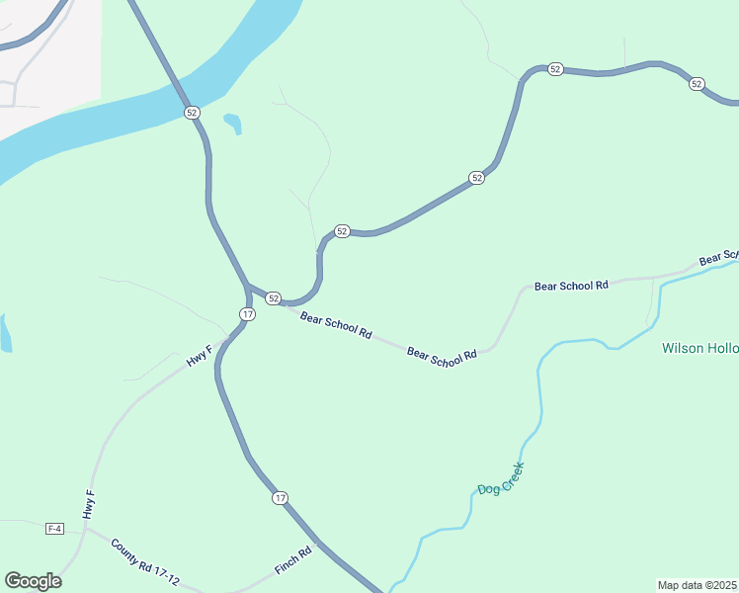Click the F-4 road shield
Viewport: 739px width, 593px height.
click(54, 529)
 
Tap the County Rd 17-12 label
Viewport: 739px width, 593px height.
click(145, 560)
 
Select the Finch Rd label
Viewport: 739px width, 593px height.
click(292, 560)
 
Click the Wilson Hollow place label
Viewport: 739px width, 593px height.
click(699, 348)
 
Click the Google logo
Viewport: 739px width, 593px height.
click(33, 580)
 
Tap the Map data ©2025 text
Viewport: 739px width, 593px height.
click(697, 585)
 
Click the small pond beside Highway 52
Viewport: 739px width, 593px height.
click(233, 124)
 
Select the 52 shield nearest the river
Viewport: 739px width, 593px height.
click(192, 113)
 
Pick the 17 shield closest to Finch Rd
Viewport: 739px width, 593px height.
click(281, 497)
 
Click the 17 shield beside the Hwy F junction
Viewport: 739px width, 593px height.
click(247, 313)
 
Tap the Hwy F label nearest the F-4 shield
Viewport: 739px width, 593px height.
click(89, 504)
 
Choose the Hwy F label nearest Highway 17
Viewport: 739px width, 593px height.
click(200, 356)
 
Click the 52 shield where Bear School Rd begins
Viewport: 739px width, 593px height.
click(274, 297)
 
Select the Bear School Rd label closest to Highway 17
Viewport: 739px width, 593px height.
click(336, 326)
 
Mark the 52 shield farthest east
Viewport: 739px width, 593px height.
click(697, 84)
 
